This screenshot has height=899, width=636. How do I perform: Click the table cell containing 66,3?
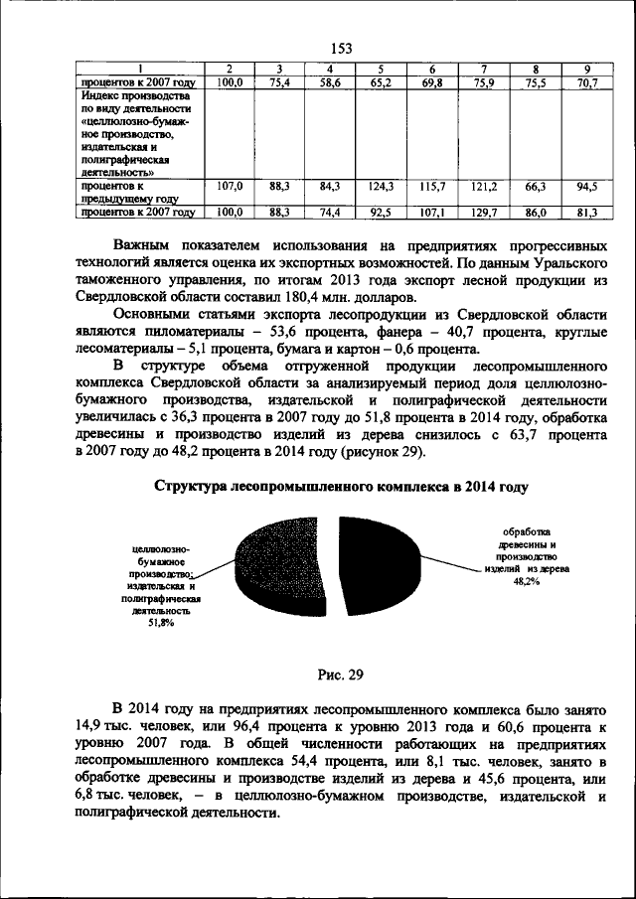point(535,186)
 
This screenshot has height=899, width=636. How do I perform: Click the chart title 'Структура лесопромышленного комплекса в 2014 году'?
point(341,487)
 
